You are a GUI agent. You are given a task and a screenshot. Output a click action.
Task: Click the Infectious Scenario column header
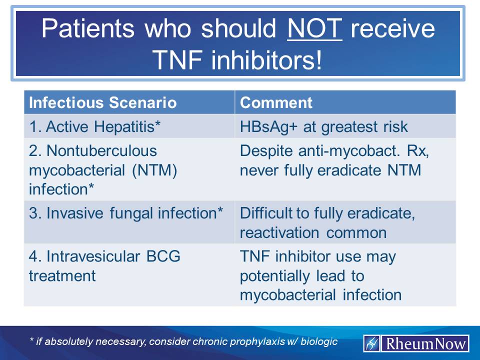click(103, 102)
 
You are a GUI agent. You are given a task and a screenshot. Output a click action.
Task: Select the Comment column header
click(276, 102)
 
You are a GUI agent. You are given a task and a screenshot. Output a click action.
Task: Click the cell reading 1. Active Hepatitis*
click(95, 126)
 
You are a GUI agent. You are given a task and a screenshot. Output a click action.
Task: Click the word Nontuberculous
click(93, 151)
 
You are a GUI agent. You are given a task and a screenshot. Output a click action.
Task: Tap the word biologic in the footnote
click(318, 342)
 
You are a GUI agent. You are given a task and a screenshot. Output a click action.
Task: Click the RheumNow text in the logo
click(424, 343)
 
